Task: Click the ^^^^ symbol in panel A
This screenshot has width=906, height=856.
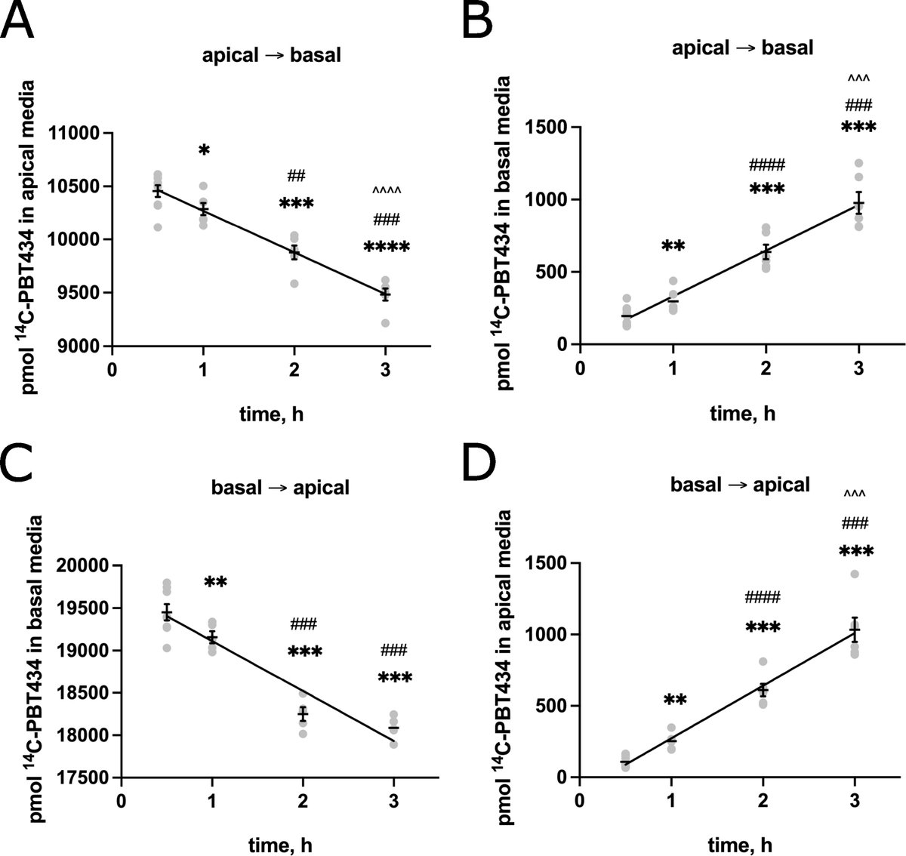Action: (386, 191)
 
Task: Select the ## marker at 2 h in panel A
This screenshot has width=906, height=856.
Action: (296, 177)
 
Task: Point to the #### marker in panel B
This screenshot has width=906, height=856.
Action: (767, 165)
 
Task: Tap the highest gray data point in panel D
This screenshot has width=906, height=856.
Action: (855, 574)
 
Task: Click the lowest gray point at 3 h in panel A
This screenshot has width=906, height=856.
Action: (386, 323)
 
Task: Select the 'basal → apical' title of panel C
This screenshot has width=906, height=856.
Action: (280, 488)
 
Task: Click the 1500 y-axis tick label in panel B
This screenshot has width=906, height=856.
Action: (547, 127)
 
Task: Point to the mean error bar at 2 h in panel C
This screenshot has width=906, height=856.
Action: (303, 713)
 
